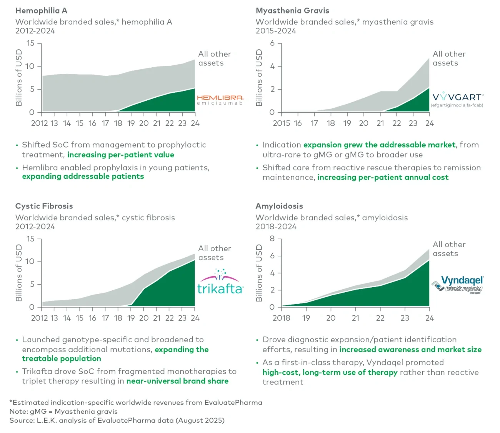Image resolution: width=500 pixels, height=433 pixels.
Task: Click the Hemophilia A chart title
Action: click(41, 11)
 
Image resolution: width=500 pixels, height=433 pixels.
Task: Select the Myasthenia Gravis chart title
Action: click(292, 11)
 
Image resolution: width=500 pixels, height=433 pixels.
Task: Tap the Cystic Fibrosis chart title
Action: click(44, 206)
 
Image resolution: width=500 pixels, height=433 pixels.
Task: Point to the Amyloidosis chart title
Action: click(279, 206)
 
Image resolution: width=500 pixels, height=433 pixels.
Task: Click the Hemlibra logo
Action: click(220, 100)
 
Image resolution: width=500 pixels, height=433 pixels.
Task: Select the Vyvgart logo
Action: click(457, 99)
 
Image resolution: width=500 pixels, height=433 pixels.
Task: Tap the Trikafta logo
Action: click(220, 283)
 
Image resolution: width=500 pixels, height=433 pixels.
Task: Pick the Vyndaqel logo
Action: click(457, 285)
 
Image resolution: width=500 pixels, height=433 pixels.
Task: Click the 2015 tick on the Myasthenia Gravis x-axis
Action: click(282, 123)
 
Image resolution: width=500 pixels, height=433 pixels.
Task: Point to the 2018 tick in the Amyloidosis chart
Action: click(282, 318)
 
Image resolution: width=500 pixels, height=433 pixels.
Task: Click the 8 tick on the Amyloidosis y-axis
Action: click(272, 239)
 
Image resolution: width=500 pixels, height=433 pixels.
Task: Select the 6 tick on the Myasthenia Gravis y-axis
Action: click(272, 43)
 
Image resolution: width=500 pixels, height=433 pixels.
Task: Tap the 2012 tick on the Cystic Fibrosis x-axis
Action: click(39, 318)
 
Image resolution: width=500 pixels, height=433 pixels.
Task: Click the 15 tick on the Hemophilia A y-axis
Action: click(30, 43)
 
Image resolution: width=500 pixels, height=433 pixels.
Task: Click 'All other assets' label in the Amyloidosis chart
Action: click(449, 249)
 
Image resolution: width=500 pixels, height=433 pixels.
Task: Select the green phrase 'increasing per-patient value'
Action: click(121, 155)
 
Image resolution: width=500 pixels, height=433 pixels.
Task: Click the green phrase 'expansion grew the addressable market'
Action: click(379, 145)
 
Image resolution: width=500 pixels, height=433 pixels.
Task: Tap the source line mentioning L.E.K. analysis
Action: click(117, 420)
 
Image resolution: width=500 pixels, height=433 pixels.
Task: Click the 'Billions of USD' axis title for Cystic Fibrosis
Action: click(19, 273)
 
